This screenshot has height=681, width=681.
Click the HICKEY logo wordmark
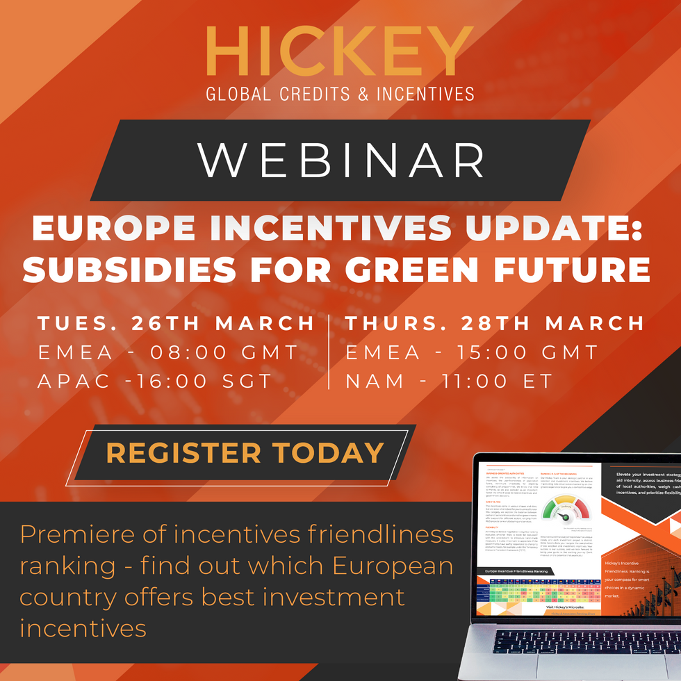(340, 54)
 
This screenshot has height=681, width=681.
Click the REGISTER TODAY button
(245, 452)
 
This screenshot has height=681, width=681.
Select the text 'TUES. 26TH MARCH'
(177, 324)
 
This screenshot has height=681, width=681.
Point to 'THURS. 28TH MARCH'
(495, 324)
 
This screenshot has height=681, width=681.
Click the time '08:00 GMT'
(224, 352)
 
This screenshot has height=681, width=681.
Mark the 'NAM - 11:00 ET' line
(449, 381)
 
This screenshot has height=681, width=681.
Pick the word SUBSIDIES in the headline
(115, 270)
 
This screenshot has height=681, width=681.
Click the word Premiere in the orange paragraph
(77, 535)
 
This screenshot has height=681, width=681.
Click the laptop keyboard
(577, 650)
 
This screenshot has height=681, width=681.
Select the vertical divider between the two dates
(329, 352)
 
